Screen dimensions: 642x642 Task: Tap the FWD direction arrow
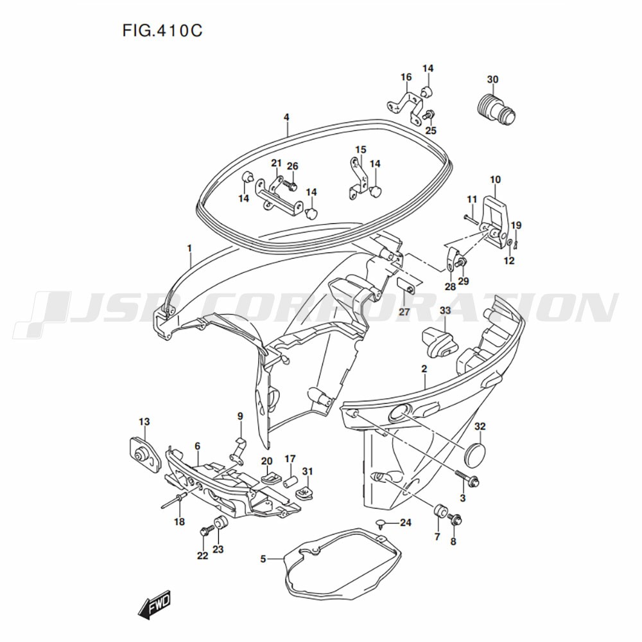pos(153,604)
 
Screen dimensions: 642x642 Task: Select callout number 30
pos(492,80)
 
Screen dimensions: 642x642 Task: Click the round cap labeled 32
pos(476,452)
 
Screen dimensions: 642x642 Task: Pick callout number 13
pos(144,422)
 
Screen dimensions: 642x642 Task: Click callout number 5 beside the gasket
pos(263,559)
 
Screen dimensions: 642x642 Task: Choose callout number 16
pos(406,78)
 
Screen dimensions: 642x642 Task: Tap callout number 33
pos(444,311)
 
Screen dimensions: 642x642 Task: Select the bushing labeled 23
pos(220,523)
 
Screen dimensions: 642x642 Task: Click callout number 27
pos(403,312)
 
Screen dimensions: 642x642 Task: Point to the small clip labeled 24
pos(381,523)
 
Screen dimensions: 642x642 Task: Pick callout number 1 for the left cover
pos(189,248)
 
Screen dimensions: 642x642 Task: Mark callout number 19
pos(516,225)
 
